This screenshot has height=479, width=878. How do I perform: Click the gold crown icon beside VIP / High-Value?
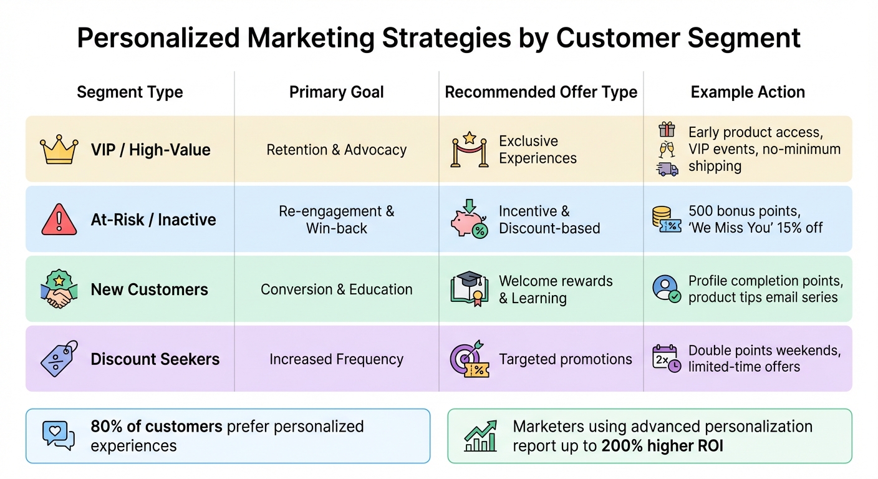[59, 150]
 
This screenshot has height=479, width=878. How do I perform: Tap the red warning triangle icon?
[59, 220]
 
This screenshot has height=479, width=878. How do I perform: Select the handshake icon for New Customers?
[59, 289]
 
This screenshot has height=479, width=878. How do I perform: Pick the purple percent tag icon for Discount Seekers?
[59, 359]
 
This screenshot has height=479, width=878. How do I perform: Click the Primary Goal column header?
[336, 93]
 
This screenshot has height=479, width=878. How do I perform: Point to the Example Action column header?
[748, 92]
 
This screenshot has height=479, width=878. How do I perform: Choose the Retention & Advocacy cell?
[336, 150]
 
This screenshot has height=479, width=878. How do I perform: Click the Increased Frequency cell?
[336, 359]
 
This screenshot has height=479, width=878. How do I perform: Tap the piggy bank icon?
[468, 220]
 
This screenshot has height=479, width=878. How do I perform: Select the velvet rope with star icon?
[468, 150]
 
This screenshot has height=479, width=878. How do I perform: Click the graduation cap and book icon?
[468, 289]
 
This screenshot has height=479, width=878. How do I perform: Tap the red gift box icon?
[667, 130]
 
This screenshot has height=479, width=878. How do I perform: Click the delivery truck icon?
[667, 168]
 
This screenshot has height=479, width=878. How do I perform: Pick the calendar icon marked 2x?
[665, 359]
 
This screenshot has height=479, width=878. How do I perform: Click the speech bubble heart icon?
[58, 435]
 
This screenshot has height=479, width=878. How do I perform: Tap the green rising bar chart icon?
[481, 435]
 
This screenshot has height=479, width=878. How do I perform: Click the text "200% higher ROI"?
[662, 446]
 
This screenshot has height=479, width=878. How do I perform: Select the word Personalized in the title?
[157, 38]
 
